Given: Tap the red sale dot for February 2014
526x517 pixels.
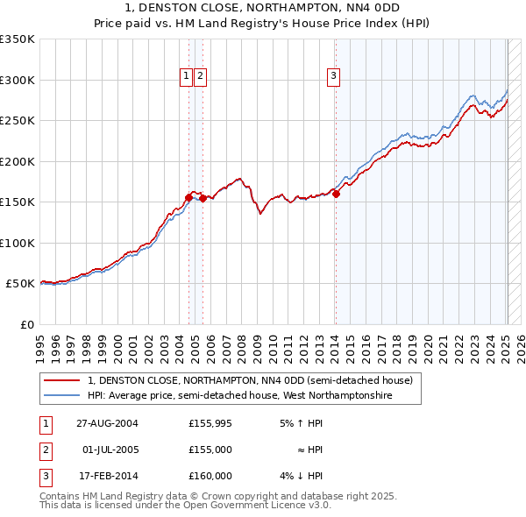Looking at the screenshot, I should (336, 194).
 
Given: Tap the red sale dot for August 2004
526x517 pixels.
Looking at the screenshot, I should (188, 197).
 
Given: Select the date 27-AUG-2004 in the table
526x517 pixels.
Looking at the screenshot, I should (107, 423).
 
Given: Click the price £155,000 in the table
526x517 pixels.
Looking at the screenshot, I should (210, 450).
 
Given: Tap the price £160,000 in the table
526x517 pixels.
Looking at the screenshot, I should (210, 476).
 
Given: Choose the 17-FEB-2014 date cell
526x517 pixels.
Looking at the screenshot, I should (107, 476).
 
